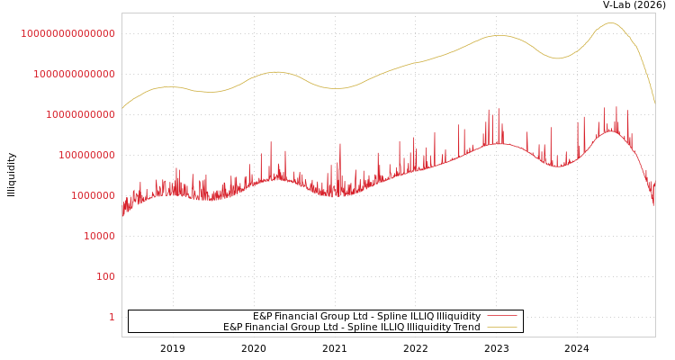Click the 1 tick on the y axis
pos(112,317)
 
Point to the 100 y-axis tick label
pos(105,276)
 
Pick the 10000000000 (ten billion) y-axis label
pos(80,114)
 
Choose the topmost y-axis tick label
pos(67,33)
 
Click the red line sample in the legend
pos(502,316)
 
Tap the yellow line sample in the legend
pos(502,327)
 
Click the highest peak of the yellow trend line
pos(611,23)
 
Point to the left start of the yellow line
pos(122,109)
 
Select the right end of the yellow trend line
pos(654,103)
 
